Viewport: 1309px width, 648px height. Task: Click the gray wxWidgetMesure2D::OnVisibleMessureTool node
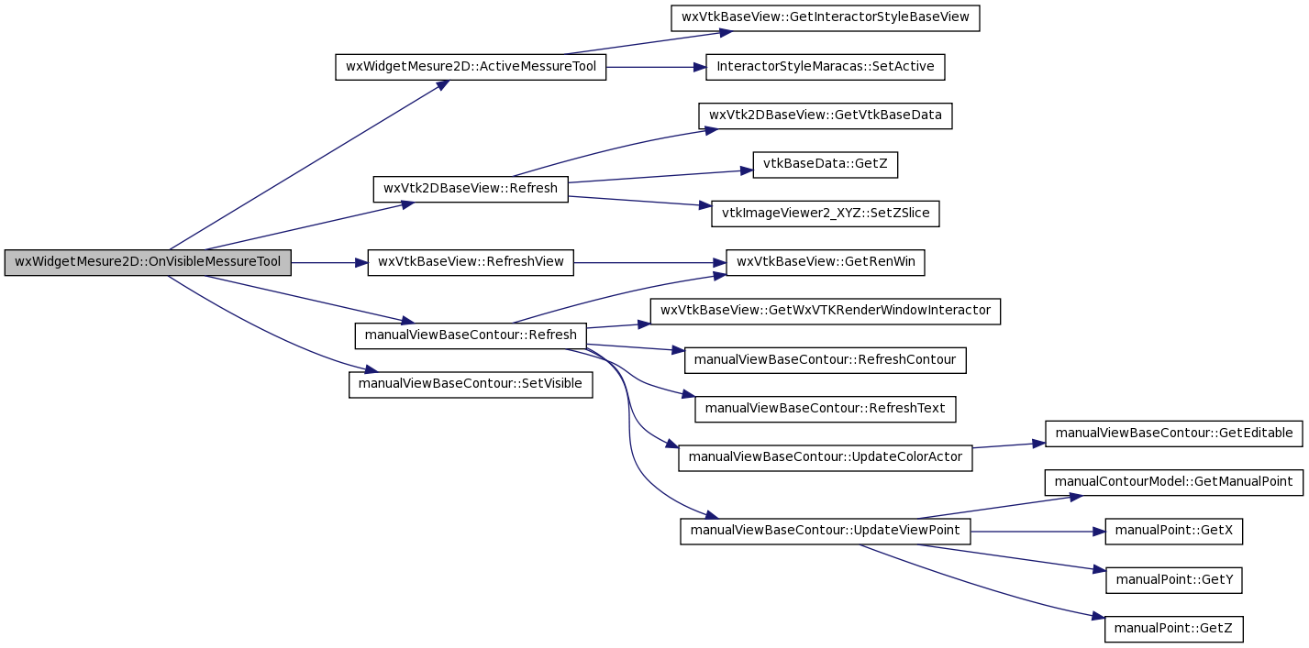click(148, 262)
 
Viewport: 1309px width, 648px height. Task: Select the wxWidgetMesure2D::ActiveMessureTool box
click(471, 67)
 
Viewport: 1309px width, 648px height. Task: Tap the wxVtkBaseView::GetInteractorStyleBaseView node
click(826, 18)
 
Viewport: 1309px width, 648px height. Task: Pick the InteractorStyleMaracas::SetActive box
click(826, 67)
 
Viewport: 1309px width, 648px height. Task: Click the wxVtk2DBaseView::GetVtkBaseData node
click(826, 115)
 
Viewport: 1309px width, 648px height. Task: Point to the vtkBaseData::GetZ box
click(826, 165)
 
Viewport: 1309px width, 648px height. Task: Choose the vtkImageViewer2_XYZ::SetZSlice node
click(826, 214)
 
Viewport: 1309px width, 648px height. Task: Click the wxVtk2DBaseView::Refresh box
click(471, 189)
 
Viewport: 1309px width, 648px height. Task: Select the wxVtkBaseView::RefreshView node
click(471, 262)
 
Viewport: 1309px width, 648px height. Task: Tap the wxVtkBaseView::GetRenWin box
click(826, 262)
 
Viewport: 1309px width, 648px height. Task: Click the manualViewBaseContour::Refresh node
click(471, 335)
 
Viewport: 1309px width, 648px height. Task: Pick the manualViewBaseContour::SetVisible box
click(471, 385)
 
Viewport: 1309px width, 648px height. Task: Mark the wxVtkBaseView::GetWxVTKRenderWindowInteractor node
click(826, 311)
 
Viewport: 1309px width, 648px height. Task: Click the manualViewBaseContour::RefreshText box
click(826, 409)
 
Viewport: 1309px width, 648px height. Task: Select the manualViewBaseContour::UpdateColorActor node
click(826, 457)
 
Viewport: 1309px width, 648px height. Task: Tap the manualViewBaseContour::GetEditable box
click(1173, 434)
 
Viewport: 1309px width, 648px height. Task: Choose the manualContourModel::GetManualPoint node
click(1173, 483)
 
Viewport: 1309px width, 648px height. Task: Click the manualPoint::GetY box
click(1173, 580)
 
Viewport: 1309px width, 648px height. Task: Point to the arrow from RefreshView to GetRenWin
click(649, 263)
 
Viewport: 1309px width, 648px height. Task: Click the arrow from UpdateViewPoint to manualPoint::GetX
click(1037, 532)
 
